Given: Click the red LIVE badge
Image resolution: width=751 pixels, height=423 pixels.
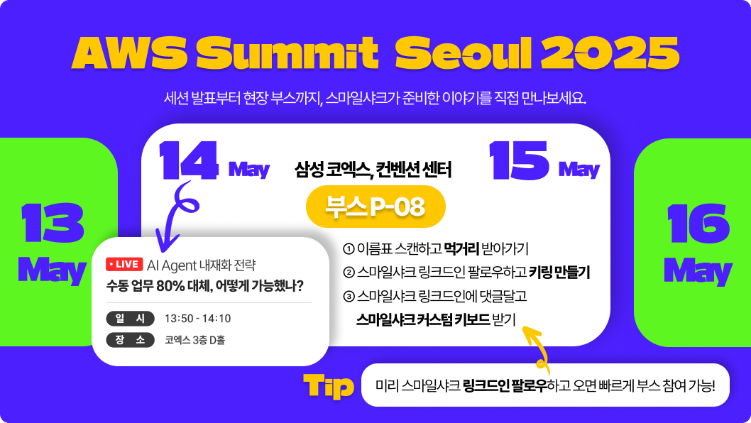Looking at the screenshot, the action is [124, 265].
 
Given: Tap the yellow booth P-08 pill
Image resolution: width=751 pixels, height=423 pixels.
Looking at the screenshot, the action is [375, 207].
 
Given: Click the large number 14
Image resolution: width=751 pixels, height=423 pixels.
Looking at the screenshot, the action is [189, 160].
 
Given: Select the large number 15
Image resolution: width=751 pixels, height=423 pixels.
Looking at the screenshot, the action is [519, 160].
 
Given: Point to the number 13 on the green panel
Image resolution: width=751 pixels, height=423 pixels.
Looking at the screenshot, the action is [53, 223].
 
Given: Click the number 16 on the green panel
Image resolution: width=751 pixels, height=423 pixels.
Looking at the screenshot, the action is [698, 223].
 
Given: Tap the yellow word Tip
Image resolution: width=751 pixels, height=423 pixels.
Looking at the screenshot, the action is [329, 386].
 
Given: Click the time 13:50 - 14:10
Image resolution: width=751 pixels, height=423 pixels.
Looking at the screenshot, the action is [198, 319].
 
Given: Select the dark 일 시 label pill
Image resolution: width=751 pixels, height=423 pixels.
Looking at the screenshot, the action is [131, 319].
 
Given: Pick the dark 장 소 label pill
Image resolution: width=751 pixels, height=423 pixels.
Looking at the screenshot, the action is [131, 340].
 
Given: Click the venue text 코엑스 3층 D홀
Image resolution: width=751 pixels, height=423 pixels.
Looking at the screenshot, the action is [195, 340].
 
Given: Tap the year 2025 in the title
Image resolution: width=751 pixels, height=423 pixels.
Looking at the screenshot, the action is [610, 53].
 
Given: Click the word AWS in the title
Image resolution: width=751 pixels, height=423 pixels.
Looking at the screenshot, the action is [129, 53].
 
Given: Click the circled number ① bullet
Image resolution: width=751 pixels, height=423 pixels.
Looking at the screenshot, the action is [349, 249].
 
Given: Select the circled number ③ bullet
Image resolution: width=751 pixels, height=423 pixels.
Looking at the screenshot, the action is [349, 297].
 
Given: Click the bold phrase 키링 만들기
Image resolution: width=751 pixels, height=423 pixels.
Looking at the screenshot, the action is [559, 273].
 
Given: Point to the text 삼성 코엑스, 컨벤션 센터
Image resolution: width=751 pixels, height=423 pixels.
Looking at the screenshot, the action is [373, 170].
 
